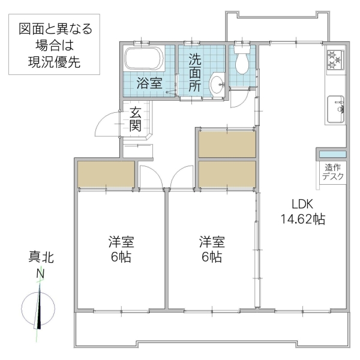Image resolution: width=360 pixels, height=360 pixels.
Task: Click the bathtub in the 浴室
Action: pyautogui.click(x=143, y=60)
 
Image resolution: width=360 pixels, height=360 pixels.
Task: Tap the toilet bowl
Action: pyautogui.click(x=243, y=62)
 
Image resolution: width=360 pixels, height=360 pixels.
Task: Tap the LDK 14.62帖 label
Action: pyautogui.click(x=302, y=211)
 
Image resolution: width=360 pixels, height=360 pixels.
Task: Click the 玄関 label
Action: pyautogui.click(x=135, y=119)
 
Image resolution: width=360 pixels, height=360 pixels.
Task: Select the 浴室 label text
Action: pyautogui.click(x=149, y=83)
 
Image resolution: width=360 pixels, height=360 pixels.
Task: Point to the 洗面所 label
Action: pyautogui.click(x=195, y=73)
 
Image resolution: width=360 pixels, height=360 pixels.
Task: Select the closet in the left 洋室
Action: pyautogui.click(x=106, y=174)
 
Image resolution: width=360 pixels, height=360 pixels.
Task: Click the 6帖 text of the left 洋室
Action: pyautogui.click(x=121, y=257)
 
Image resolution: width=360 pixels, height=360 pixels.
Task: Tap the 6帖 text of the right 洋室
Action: pyautogui.click(x=212, y=257)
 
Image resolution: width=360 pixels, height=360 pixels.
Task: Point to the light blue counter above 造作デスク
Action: pyautogui.click(x=332, y=155)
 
